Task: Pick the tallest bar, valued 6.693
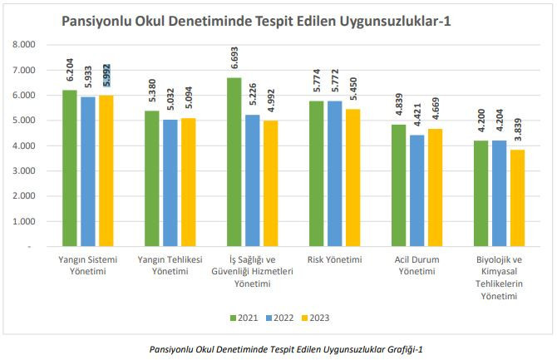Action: (234, 162)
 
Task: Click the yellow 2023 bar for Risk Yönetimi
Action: (352, 178)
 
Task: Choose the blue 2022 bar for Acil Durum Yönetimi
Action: (417, 190)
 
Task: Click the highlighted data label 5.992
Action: (106, 76)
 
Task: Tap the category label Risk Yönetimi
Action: (334, 259)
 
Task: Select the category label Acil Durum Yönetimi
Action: (417, 265)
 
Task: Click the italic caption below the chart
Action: (283, 348)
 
